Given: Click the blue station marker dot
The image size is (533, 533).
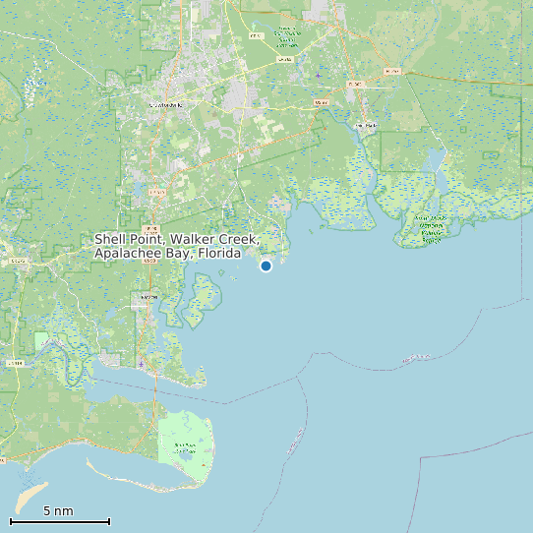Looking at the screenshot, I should (x=266, y=266).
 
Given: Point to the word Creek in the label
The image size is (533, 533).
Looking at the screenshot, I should (x=236, y=240).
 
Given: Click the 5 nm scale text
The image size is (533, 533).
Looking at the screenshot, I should (x=58, y=511).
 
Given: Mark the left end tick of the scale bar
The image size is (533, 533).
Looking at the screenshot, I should (x=11, y=521).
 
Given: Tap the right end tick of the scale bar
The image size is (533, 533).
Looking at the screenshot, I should (x=109, y=521).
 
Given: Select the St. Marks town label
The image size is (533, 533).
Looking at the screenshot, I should (x=365, y=126).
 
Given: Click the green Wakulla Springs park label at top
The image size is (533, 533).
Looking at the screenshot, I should (x=287, y=37).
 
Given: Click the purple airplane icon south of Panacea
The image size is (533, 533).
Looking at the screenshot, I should (x=142, y=365).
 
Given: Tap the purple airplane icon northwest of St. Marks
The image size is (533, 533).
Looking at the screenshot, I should (x=319, y=75).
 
